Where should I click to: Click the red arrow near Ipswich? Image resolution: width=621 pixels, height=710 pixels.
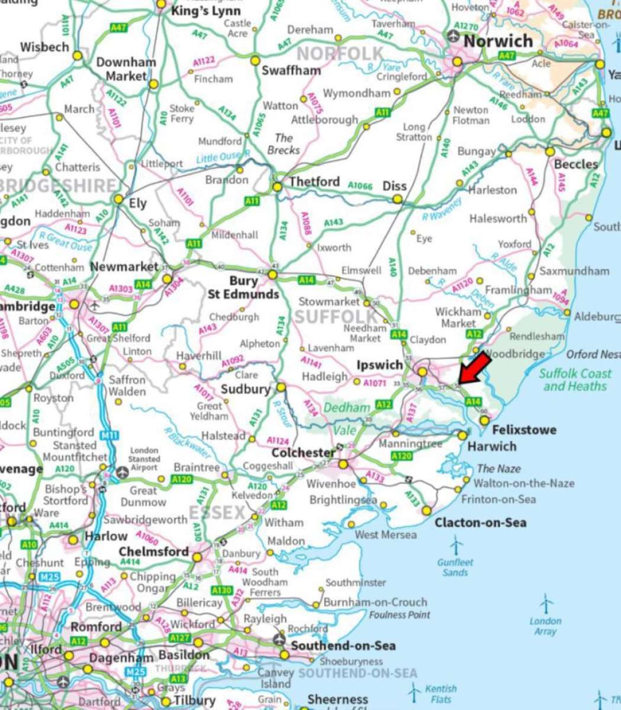coord(475,368)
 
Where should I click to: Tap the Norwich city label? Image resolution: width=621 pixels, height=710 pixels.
coord(498,41)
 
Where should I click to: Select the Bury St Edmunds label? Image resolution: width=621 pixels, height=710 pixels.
coord(243,288)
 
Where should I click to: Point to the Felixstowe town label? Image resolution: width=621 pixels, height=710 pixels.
coord(524,430)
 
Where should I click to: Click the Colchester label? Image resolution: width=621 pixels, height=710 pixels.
coord(303,453)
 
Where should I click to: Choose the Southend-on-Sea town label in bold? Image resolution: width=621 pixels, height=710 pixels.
coord(343,646)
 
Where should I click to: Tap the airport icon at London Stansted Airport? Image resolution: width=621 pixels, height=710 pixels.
coord(123,472)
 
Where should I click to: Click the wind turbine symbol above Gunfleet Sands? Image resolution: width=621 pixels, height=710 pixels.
coord(456,545)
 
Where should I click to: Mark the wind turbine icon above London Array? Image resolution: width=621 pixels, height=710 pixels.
coord(546,604)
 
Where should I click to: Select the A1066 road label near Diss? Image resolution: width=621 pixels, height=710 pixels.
coord(360,186)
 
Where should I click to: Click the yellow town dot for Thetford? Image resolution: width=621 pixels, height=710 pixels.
coord(277,187)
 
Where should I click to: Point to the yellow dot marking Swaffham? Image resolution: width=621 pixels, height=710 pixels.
coord(255,60)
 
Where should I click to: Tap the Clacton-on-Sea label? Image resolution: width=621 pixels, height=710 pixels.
coord(480,522)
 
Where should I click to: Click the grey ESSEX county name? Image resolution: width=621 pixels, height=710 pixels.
coord(217,512)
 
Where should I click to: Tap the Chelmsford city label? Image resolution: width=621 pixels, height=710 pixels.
coord(153,551)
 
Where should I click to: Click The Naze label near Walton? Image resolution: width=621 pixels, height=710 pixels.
coord(498,469)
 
